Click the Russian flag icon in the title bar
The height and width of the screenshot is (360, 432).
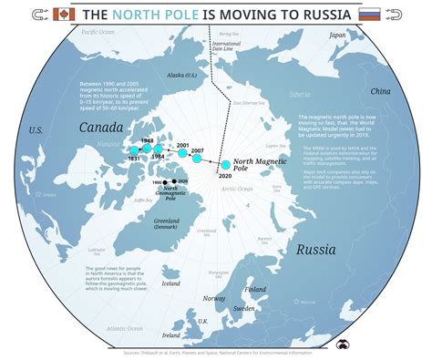tap(369, 15)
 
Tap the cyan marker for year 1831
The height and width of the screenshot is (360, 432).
tap(135, 149)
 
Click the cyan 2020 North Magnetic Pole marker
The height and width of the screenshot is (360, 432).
tap(226, 166)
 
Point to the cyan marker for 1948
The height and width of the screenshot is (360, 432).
tap(146, 149)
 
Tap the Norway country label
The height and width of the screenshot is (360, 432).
tap(215, 299)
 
